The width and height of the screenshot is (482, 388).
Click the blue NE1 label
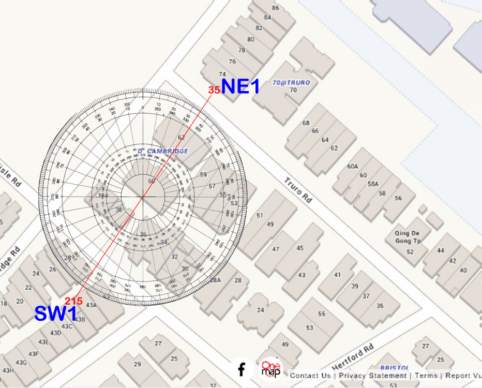pos(240,86)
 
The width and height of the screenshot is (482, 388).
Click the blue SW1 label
pos(56,314)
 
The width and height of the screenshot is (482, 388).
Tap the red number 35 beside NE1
pos(214,90)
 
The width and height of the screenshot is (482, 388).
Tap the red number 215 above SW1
pos(74,301)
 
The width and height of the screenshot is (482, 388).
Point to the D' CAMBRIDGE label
pos(163,151)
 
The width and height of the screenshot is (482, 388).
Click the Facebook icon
pos(242,369)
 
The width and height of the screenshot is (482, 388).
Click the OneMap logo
pos(271,369)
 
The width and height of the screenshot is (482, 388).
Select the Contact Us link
pos(310,376)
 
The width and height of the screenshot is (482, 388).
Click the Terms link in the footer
pos(426,376)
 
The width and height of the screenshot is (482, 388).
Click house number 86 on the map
pos(276,8)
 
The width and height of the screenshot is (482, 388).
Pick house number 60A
pos(353,167)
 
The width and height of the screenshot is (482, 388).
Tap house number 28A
pos(215,280)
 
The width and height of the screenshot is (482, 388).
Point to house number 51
pos(260,215)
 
